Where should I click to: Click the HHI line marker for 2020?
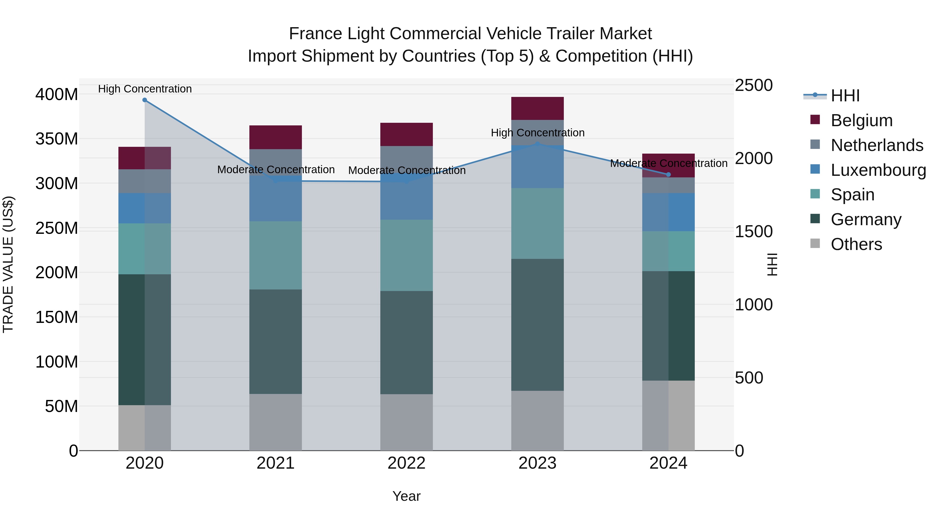pyautogui.click(x=145, y=100)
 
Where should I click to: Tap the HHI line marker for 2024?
pyautogui.click(x=668, y=175)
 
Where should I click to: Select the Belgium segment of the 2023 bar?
pyautogui.click(x=537, y=108)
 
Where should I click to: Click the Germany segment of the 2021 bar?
pyautogui.click(x=276, y=341)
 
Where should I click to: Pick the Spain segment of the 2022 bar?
pyautogui.click(x=406, y=255)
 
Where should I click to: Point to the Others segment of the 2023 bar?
pyautogui.click(x=537, y=421)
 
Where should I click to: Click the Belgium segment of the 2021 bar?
pyautogui.click(x=276, y=137)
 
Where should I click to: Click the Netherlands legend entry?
pyautogui.click(x=876, y=145)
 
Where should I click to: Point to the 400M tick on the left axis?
pyautogui.click(x=57, y=95)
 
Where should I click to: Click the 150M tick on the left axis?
pyautogui.click(x=57, y=317)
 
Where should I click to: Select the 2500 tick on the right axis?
pyautogui.click(x=753, y=85)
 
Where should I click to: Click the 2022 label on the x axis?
pyautogui.click(x=406, y=463)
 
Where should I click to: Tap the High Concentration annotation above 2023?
pyautogui.click(x=537, y=133)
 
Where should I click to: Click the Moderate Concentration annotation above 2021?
pyautogui.click(x=276, y=170)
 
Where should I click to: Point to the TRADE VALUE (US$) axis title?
pyautogui.click(x=8, y=264)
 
